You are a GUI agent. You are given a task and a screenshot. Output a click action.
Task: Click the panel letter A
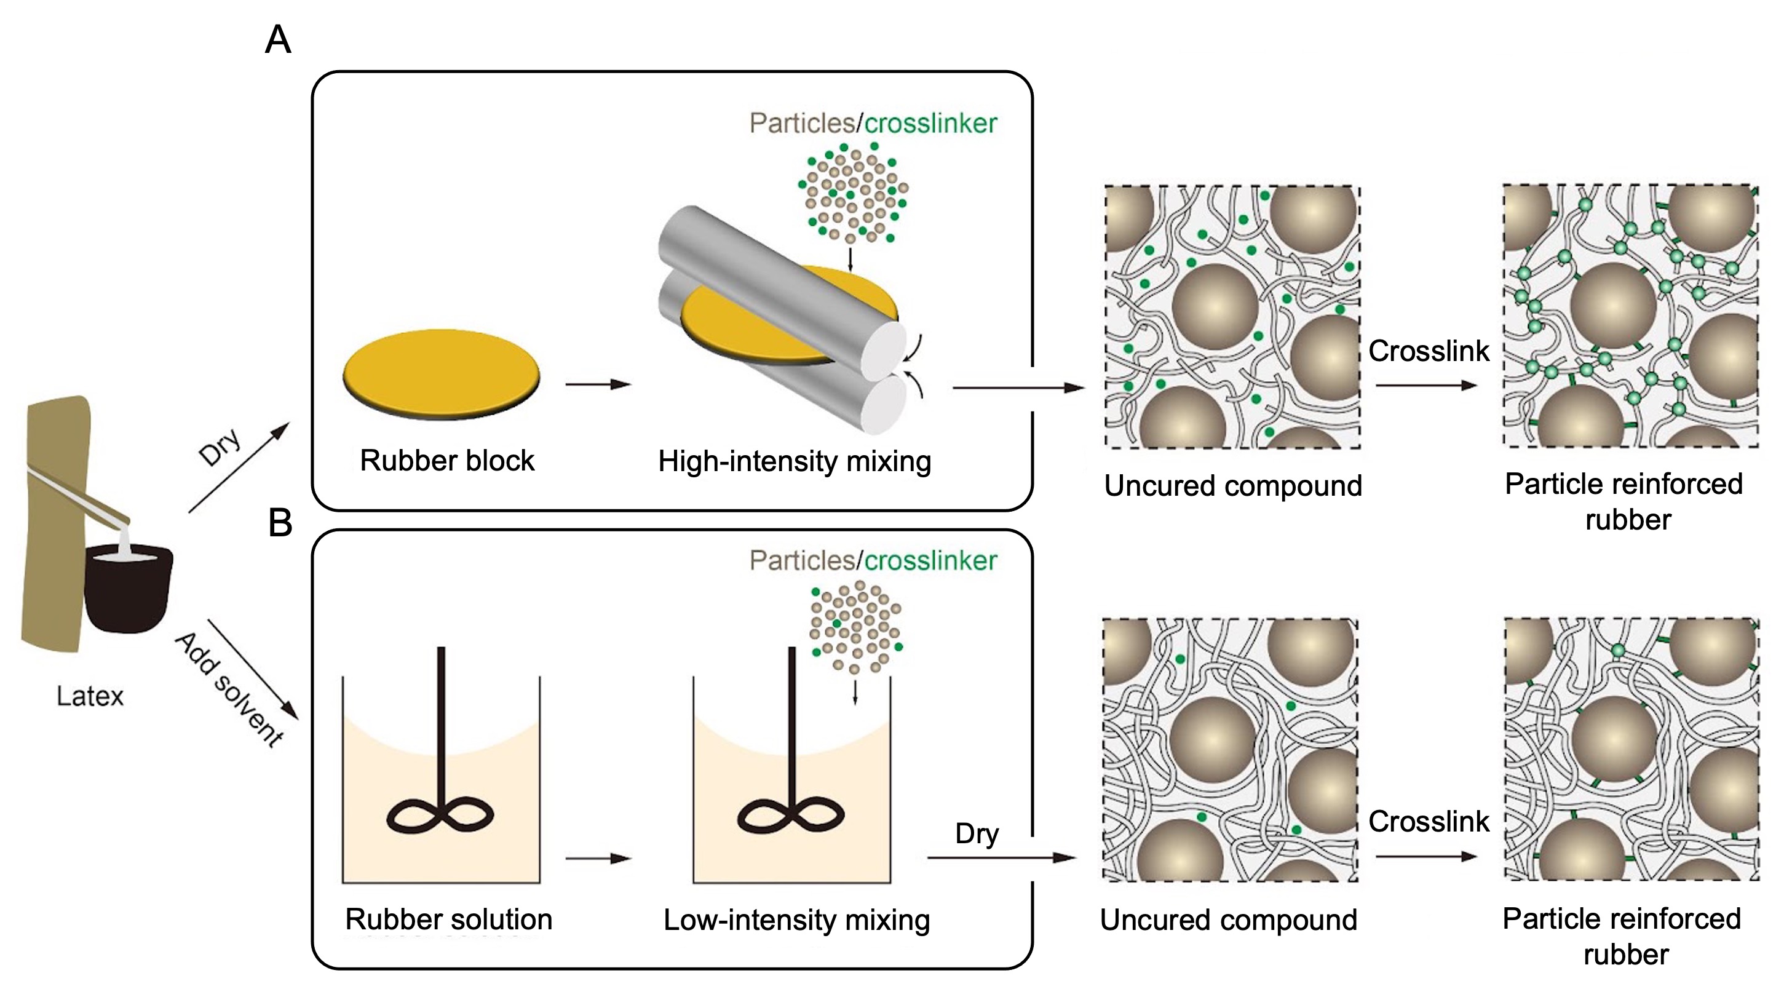[278, 39]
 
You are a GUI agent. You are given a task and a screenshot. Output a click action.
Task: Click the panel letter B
[280, 523]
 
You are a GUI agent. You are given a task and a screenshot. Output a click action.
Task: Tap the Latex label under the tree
[90, 696]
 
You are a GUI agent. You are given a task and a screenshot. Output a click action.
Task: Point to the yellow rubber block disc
[441, 373]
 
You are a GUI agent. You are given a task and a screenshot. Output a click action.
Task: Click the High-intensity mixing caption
[795, 461]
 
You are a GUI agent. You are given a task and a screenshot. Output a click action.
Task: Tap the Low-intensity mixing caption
[796, 919]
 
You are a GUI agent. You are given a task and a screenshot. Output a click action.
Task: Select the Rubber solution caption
[449, 919]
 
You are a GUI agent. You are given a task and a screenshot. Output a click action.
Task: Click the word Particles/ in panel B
[806, 560]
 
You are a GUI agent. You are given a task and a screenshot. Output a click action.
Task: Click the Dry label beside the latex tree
[220, 447]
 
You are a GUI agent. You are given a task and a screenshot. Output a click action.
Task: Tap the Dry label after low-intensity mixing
[977, 833]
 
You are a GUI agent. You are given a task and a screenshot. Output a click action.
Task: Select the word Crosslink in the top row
[1428, 351]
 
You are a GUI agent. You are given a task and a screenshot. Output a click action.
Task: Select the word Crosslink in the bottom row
[1428, 821]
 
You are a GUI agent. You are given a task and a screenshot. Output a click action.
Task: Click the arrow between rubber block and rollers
[598, 384]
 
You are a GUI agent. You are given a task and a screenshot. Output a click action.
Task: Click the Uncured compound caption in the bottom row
[1229, 919]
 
